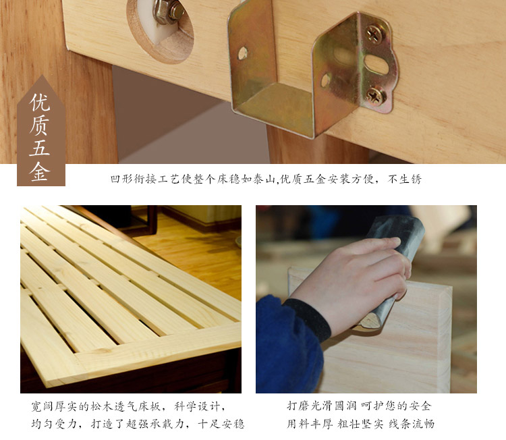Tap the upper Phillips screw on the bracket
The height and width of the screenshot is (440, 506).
[x=374, y=34]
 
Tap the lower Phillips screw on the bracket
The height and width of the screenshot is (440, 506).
[x=376, y=96]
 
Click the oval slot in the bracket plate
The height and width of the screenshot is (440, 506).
[x=376, y=64]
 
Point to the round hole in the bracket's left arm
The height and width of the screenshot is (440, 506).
[x=243, y=53]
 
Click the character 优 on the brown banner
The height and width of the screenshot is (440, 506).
[x=40, y=102]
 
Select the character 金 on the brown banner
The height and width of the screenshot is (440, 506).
[x=40, y=171]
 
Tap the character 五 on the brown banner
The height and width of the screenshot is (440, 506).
[x=40, y=148]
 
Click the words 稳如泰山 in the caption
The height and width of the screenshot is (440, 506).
[x=247, y=179]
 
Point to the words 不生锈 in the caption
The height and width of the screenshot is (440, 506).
[x=405, y=179]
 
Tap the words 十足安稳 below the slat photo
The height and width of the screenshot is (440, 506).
[x=221, y=424]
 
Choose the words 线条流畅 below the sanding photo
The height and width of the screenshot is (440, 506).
[x=412, y=424]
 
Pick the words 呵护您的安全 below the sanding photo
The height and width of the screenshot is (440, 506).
[x=396, y=406]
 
